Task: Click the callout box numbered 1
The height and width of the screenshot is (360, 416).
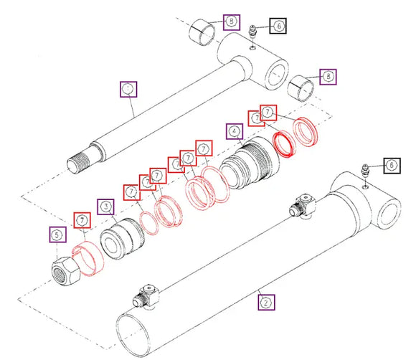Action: [128, 89]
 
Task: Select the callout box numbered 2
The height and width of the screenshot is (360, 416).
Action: [266, 303]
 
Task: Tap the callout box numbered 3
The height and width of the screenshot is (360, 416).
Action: [106, 208]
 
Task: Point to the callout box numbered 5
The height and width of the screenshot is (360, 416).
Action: [56, 234]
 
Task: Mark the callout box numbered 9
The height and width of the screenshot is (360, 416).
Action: [230, 21]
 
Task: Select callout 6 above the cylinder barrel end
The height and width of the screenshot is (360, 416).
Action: [392, 166]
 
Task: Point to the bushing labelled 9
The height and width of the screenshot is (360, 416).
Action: [203, 33]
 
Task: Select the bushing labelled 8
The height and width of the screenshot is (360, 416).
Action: [301, 89]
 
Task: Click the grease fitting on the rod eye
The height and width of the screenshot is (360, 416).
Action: [252, 33]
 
